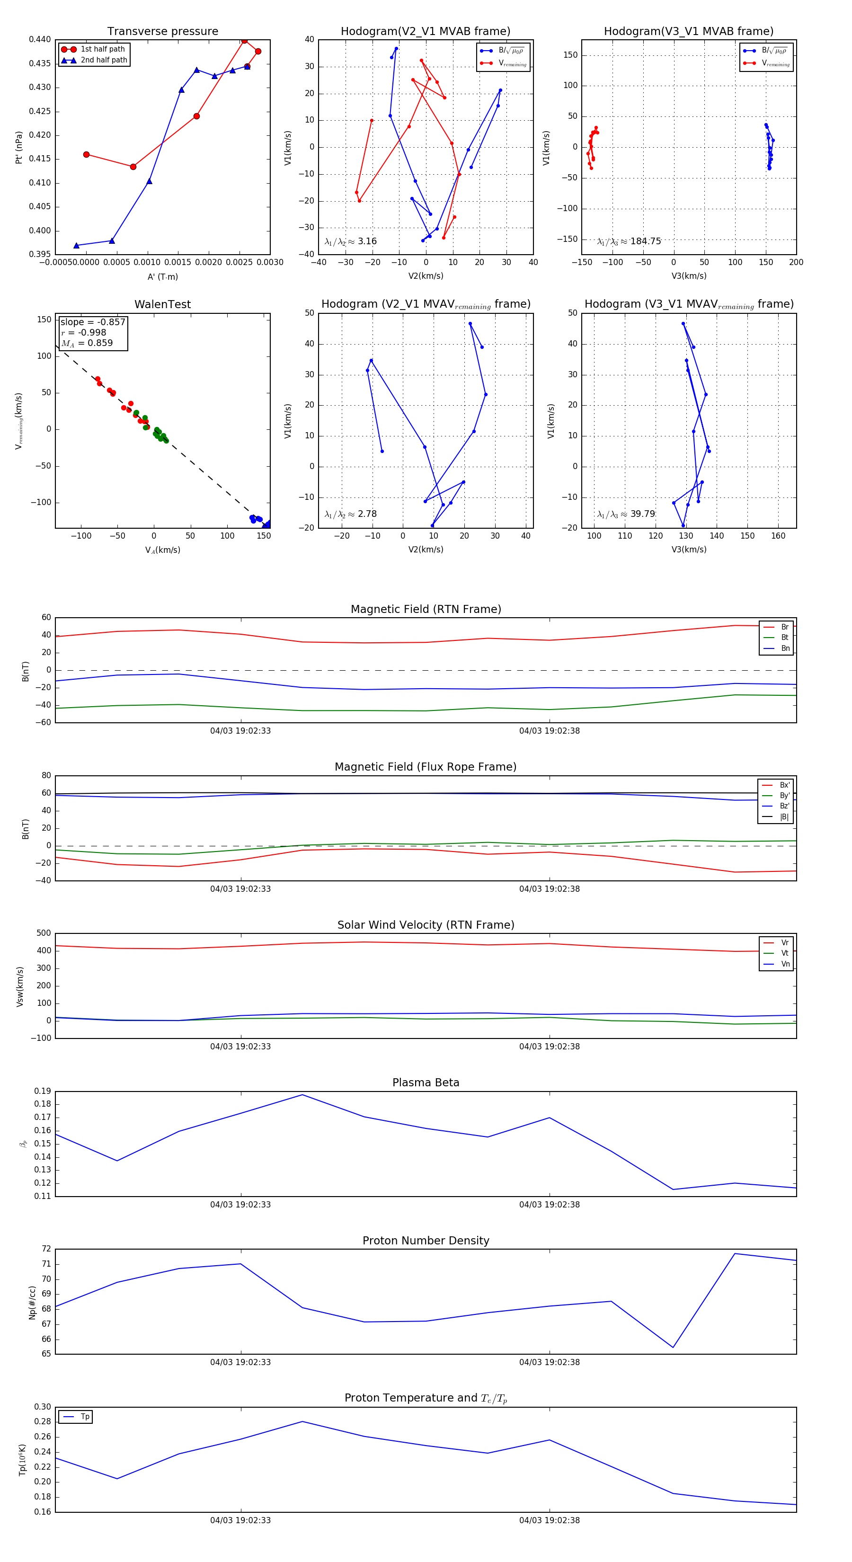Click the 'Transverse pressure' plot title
[x=162, y=32]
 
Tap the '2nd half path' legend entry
[x=104, y=60]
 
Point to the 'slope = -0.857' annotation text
[x=93, y=322]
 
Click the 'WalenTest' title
[x=162, y=304]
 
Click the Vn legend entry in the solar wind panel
[x=785, y=964]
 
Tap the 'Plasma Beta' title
[x=426, y=1083]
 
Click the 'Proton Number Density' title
[x=426, y=1241]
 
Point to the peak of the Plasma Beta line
[x=302, y=1094]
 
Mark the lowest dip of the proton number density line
[x=673, y=1348]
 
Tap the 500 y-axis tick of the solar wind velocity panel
[x=44, y=933]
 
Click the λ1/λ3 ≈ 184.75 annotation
[x=629, y=241]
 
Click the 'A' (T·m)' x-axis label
[x=162, y=276]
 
